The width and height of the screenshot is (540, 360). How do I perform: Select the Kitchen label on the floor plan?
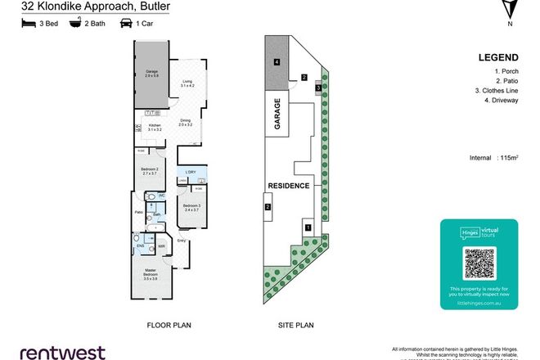[x=154, y=128]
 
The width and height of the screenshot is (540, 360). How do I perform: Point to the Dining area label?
[x=185, y=124]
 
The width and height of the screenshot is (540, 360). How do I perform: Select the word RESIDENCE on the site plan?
[x=289, y=187]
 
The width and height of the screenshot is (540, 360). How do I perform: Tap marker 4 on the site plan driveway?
[x=277, y=62]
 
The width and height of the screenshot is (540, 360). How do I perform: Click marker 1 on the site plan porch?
[x=308, y=227]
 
